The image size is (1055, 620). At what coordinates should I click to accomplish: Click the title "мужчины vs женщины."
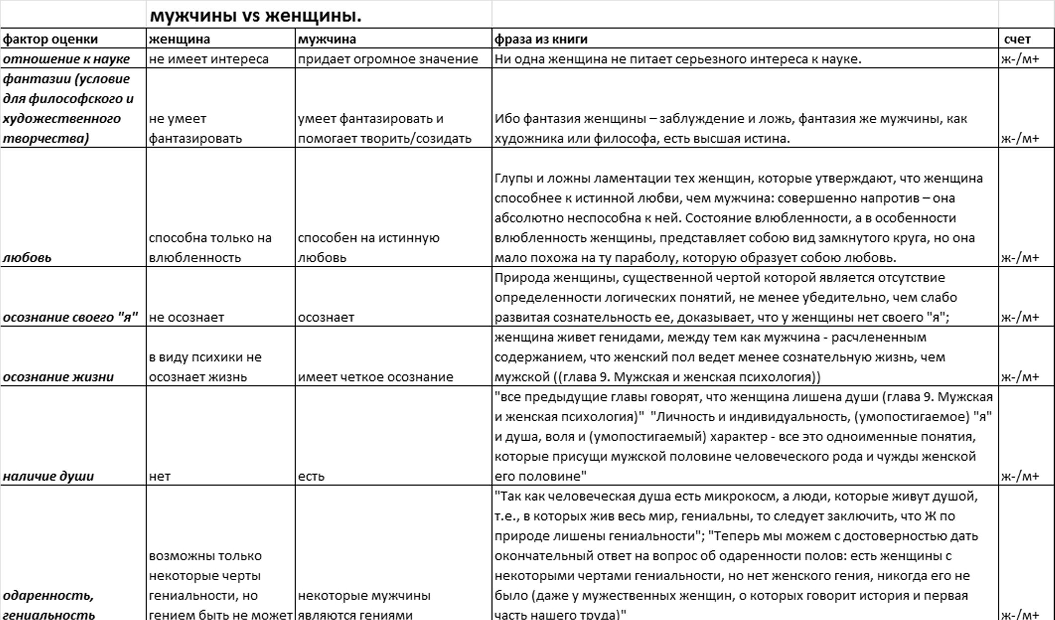[x=255, y=16]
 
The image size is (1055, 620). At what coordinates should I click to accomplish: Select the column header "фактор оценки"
[x=50, y=39]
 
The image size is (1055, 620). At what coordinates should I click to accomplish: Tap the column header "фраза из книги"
[x=540, y=39]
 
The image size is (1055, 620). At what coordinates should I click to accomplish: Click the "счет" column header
[x=1017, y=39]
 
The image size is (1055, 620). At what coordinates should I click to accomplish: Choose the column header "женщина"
[x=179, y=39]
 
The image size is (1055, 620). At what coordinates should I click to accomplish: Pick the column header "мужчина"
[x=327, y=39]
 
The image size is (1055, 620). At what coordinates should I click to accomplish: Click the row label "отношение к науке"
[x=66, y=59]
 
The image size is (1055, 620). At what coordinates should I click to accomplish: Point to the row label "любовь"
[x=27, y=257]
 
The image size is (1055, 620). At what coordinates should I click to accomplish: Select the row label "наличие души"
[x=48, y=476]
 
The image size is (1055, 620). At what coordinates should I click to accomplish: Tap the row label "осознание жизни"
[x=58, y=377]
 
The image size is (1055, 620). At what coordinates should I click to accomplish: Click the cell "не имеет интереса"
[x=209, y=59]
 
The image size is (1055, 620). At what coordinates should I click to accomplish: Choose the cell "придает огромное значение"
[x=387, y=59]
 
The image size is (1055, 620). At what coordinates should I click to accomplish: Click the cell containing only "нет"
[x=159, y=476]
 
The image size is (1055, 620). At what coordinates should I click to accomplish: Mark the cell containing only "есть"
[x=311, y=476]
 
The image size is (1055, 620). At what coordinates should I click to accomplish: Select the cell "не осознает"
[x=186, y=317]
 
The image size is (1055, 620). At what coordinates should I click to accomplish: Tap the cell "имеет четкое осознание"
[x=375, y=377]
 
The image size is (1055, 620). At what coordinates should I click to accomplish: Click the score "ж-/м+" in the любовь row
[x=1020, y=257]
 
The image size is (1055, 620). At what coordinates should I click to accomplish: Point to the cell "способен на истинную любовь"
[x=368, y=247]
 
